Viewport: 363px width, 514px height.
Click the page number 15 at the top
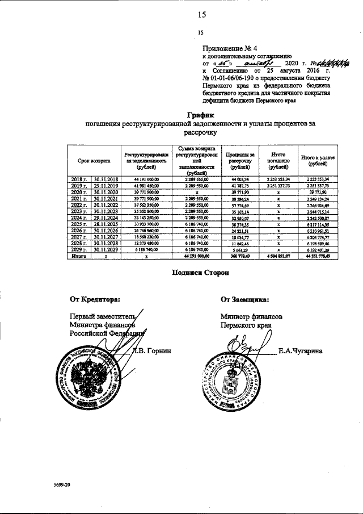[201, 15]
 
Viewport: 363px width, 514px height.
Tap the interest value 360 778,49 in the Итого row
[237, 256]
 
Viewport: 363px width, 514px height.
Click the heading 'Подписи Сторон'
[200, 273]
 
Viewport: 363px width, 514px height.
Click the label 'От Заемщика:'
[245, 299]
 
